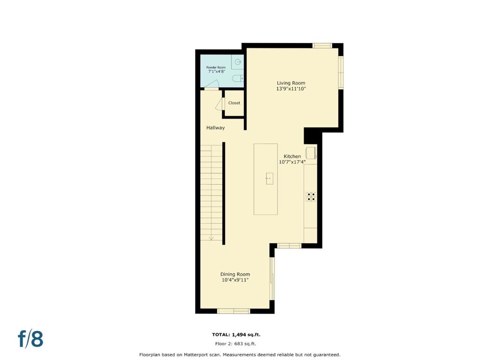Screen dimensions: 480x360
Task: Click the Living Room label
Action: point(291,83)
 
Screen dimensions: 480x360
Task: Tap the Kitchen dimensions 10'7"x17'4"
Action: point(292,162)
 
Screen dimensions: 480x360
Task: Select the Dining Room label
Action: point(235,274)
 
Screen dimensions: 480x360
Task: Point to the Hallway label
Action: point(216,127)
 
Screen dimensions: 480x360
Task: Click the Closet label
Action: point(234,103)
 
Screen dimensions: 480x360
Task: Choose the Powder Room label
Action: point(216,67)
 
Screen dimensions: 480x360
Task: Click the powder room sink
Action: point(238,62)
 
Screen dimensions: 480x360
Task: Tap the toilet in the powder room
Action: point(238,79)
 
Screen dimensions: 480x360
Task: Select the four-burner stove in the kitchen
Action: point(310,197)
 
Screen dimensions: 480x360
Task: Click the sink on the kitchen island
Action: point(270,179)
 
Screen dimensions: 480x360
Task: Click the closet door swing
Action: point(220,104)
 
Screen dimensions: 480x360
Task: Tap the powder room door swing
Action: point(211,85)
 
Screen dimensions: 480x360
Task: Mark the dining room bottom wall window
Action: point(233,311)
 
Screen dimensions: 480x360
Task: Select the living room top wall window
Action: point(322,45)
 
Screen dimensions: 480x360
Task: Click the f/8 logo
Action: point(30,339)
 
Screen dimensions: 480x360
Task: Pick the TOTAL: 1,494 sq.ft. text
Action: point(236,335)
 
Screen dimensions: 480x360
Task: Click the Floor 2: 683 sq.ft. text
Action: point(235,344)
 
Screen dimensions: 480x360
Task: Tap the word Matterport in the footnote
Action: point(195,355)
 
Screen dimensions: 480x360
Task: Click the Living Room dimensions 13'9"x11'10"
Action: point(291,89)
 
